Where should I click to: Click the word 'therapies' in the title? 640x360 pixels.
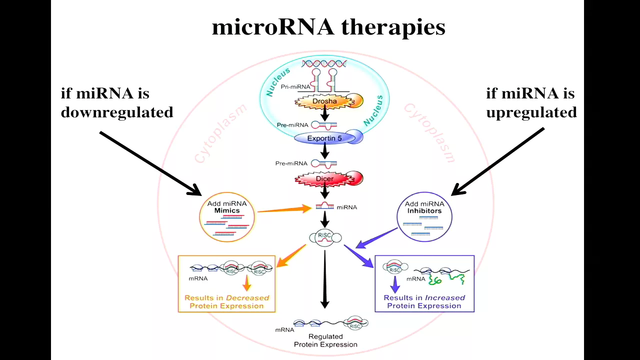(393, 28)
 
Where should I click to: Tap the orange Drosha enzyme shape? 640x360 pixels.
(328, 101)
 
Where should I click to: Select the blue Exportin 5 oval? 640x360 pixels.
(328, 137)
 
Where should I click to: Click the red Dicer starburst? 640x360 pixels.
(328, 179)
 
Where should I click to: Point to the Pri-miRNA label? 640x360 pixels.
(295, 86)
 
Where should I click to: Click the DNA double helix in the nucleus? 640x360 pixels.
(324, 63)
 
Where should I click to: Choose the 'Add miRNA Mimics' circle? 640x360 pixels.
(227, 217)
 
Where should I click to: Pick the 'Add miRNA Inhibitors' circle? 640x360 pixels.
(424, 217)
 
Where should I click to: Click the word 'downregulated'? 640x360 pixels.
(117, 112)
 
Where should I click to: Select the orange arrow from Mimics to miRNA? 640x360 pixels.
(284, 209)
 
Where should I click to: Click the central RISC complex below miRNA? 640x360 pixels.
(325, 237)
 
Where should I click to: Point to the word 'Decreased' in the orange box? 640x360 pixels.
(247, 297)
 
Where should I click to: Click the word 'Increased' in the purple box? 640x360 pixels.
(445, 297)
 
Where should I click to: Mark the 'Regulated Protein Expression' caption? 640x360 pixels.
(325, 340)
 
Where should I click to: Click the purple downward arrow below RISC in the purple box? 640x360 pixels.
(395, 284)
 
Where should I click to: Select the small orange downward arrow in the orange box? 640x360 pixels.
(247, 283)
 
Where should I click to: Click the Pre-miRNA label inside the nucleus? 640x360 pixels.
(292, 125)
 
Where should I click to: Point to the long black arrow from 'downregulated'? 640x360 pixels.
(150, 163)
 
